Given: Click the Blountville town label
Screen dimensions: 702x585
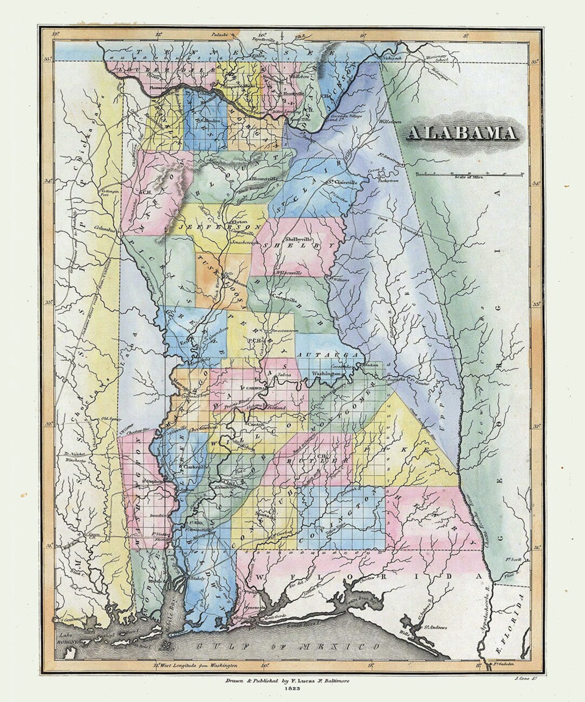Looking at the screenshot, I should tap(264, 178).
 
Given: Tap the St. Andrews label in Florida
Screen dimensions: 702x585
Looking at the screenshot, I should tap(434, 627).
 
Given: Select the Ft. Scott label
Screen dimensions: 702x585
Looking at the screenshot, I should tap(512, 560).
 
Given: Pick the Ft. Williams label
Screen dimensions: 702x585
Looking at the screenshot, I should tap(339, 279).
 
